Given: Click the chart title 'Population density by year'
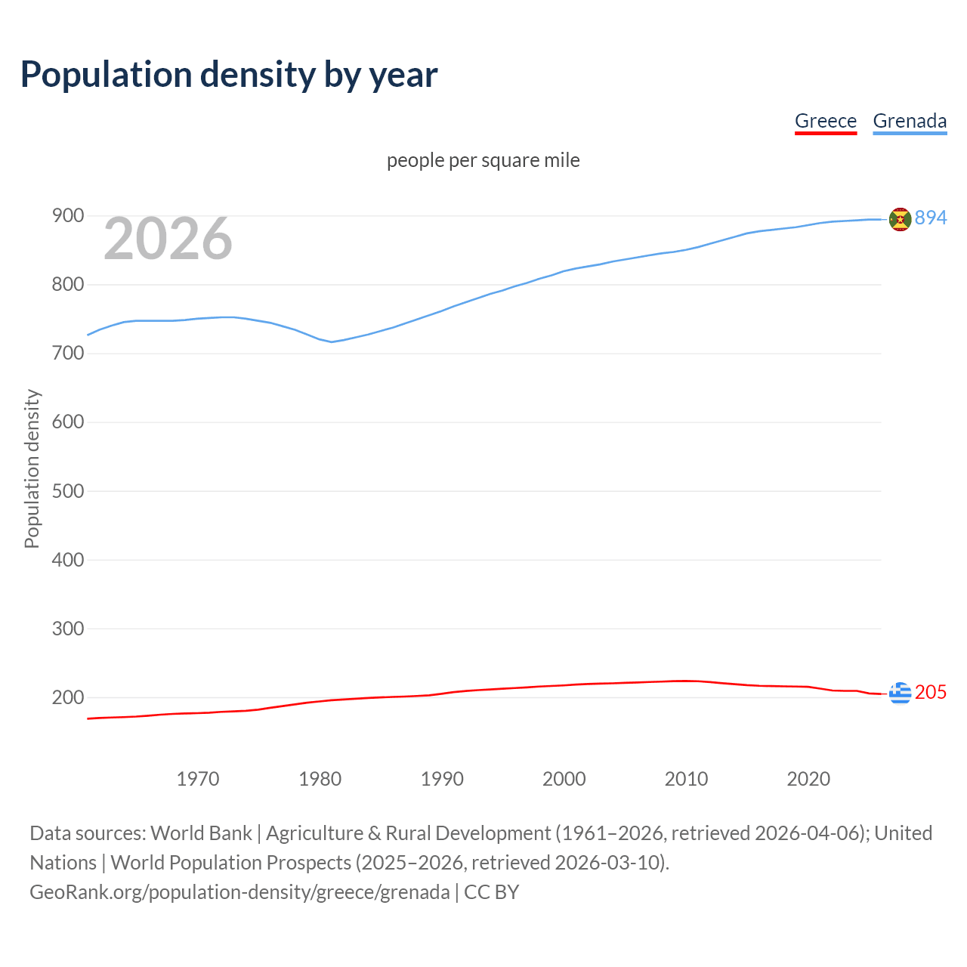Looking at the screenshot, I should point(229,75).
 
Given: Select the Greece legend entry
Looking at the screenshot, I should point(825,121).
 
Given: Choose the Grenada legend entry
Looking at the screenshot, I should point(910,121).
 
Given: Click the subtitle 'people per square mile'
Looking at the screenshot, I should point(483,160).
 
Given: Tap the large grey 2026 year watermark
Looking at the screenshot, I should point(168,239).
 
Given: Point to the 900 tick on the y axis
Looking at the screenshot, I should point(67,216).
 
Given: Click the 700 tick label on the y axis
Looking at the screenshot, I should point(67,354).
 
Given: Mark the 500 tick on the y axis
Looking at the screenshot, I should point(67,491).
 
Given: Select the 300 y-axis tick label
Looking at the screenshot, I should point(67,629).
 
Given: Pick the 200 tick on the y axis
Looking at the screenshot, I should point(67,697).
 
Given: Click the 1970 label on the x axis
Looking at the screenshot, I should point(198,779).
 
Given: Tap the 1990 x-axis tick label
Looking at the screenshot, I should point(442,779).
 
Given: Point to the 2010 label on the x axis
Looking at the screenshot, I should point(686,779).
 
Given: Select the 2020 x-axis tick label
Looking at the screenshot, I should point(808,779).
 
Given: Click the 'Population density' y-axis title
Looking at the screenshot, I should point(32,468).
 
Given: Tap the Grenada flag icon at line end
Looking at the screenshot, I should point(900,219).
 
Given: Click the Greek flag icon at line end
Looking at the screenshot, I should point(900,693).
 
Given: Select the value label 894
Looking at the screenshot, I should point(931,218).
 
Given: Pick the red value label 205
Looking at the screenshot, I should point(931,693).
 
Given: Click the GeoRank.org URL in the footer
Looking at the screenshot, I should point(239,892).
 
